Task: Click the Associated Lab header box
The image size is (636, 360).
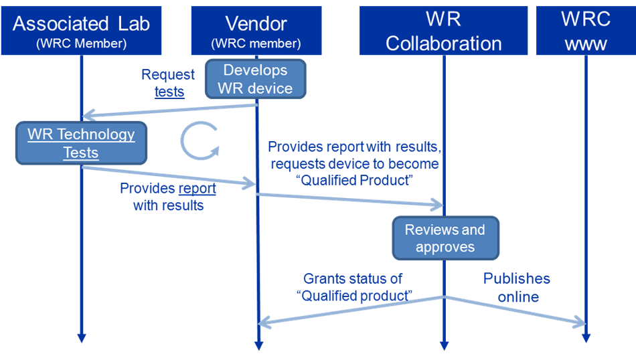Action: click(81, 31)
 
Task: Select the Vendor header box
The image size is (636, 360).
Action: click(256, 31)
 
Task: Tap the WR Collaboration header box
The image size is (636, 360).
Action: click(443, 31)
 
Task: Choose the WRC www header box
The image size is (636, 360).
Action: click(585, 31)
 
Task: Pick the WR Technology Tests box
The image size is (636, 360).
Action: click(81, 143)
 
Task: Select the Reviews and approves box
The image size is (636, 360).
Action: click(445, 238)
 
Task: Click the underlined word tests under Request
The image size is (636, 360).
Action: click(169, 92)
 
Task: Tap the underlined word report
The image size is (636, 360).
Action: click(197, 189)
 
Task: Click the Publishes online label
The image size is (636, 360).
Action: click(517, 287)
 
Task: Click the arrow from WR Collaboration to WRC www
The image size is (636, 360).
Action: click(515, 310)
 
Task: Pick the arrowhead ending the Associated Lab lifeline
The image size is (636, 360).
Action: click(81, 337)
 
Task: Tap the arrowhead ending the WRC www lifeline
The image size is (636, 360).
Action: click(586, 337)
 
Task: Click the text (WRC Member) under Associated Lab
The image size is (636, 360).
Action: click(81, 44)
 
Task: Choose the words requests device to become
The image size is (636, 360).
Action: click(353, 164)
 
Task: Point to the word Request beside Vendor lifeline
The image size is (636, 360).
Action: click(168, 75)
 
